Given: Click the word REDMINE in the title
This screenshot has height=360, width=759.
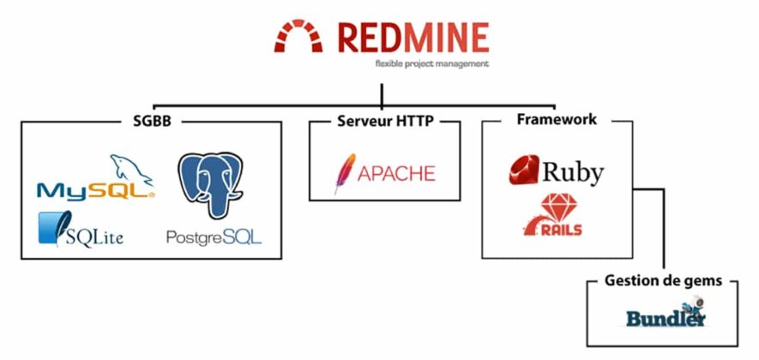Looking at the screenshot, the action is click(x=413, y=37).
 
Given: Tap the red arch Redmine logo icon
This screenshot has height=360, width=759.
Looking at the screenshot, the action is click(x=298, y=35).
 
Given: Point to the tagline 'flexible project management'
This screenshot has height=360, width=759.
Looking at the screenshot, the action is click(x=431, y=64).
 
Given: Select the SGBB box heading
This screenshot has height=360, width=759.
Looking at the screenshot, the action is click(x=152, y=121).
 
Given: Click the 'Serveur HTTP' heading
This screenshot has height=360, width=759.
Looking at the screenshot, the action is click(x=385, y=121).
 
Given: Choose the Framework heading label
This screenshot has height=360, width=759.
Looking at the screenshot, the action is click(x=557, y=119).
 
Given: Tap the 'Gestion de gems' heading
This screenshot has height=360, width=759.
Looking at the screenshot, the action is click(x=663, y=280).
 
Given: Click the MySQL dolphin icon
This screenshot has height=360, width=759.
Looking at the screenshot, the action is click(x=131, y=170).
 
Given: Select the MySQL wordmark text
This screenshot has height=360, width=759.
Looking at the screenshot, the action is click(x=96, y=191).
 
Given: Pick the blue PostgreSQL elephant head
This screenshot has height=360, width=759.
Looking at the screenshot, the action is click(x=210, y=184).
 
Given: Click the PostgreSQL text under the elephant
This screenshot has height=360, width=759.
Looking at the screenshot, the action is click(x=214, y=237).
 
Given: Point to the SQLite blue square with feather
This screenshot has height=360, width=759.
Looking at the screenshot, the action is click(x=55, y=228).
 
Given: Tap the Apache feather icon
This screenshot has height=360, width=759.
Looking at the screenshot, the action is click(x=345, y=173).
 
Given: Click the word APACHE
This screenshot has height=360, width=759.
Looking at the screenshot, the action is click(x=396, y=173).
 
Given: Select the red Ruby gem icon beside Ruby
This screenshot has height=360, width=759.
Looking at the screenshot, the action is click(x=524, y=170).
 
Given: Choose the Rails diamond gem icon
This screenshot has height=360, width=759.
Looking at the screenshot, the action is click(x=557, y=207).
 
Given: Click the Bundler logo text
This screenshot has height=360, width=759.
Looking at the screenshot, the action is click(x=666, y=318).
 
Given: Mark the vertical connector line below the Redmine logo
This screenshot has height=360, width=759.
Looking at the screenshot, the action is click(x=382, y=95).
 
